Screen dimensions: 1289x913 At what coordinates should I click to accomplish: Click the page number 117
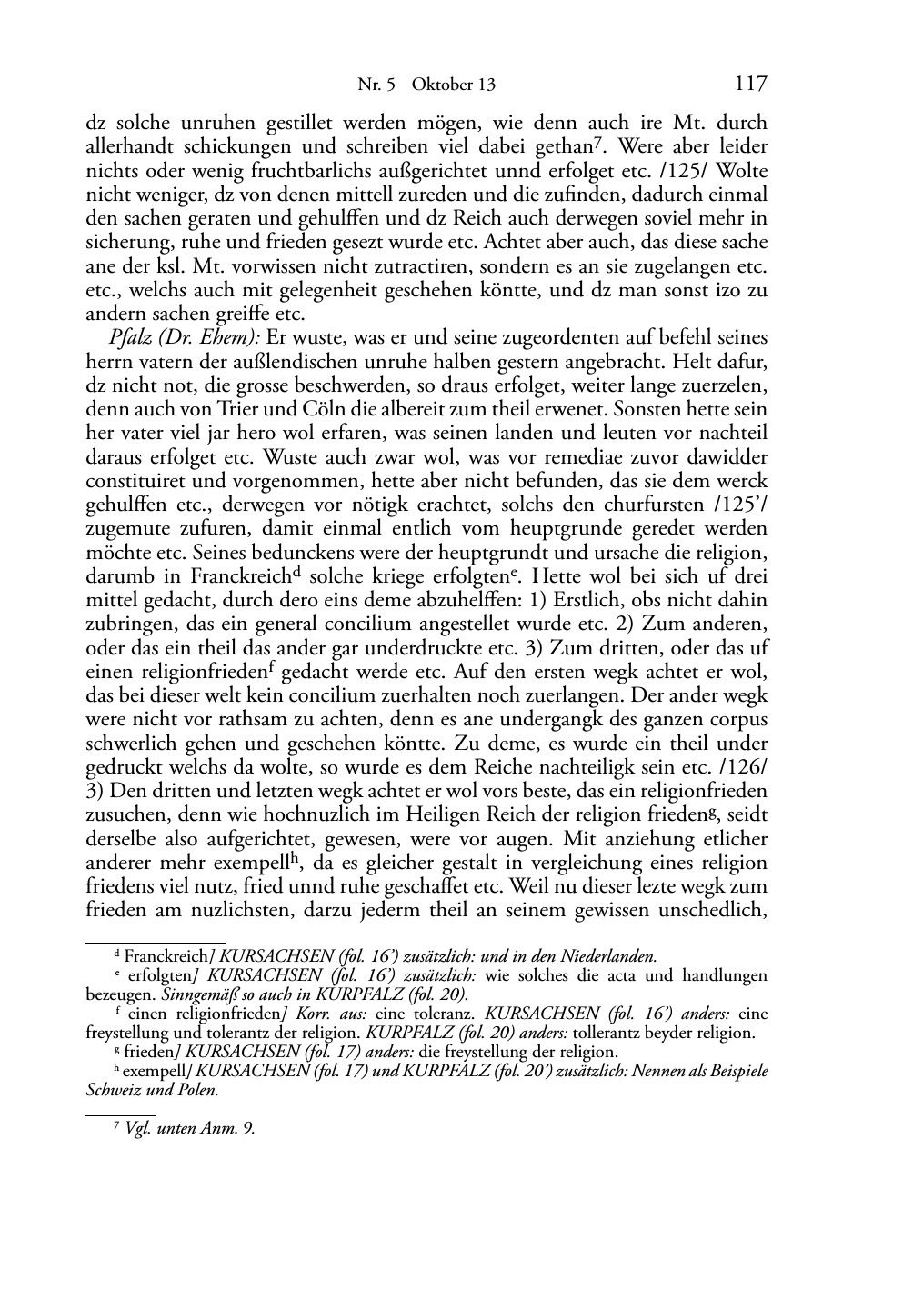[x=750, y=84]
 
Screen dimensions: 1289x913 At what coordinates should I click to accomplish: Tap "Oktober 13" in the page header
[x=454, y=85]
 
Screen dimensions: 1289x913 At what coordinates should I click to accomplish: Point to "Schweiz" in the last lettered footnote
[x=113, y=1090]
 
